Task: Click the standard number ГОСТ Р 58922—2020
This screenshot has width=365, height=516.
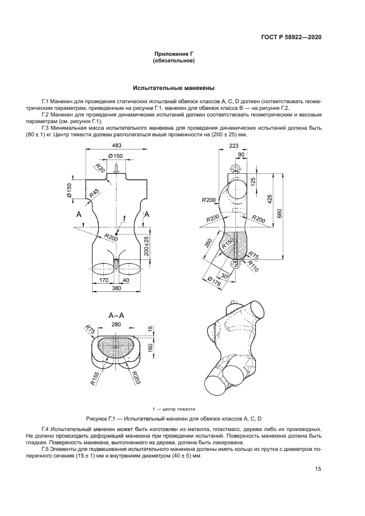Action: pos(290,37)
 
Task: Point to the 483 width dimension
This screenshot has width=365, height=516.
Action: pos(117,146)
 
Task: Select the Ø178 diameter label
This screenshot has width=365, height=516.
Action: pos(212,283)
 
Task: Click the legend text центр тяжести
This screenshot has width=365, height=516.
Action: pos(176,409)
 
